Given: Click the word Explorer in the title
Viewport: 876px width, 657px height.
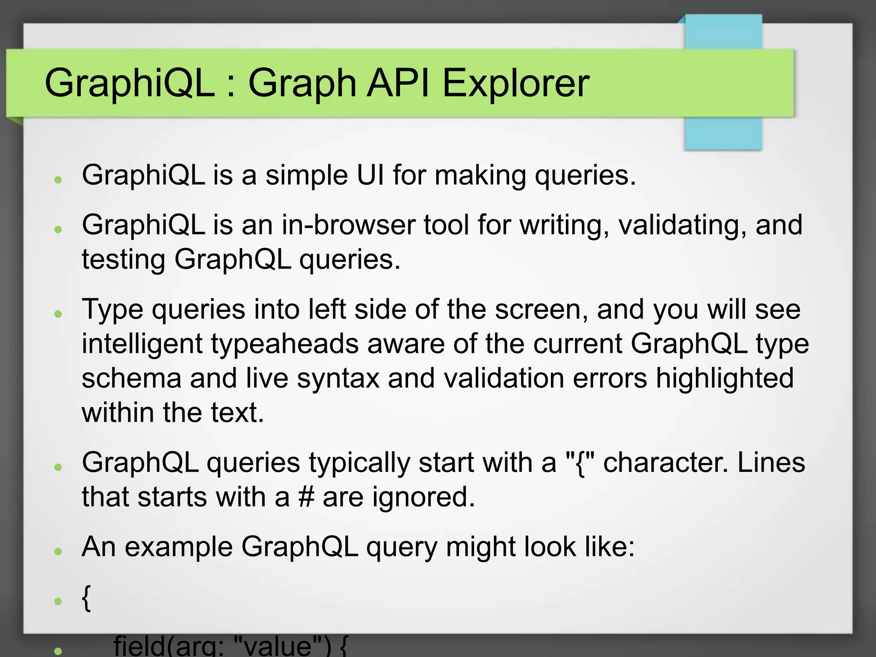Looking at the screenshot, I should [515, 83].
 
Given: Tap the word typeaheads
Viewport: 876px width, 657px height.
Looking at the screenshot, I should [284, 344].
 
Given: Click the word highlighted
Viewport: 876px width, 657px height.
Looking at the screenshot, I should [725, 378].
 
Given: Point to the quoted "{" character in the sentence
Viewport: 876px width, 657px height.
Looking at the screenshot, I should [580, 463].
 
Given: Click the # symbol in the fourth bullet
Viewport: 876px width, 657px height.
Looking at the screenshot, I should [306, 497].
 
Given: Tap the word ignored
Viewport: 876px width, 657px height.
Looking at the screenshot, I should [423, 498].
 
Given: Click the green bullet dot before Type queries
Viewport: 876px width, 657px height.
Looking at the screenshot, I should [59, 314].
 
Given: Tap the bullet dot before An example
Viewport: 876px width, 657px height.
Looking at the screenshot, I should [59, 551].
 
